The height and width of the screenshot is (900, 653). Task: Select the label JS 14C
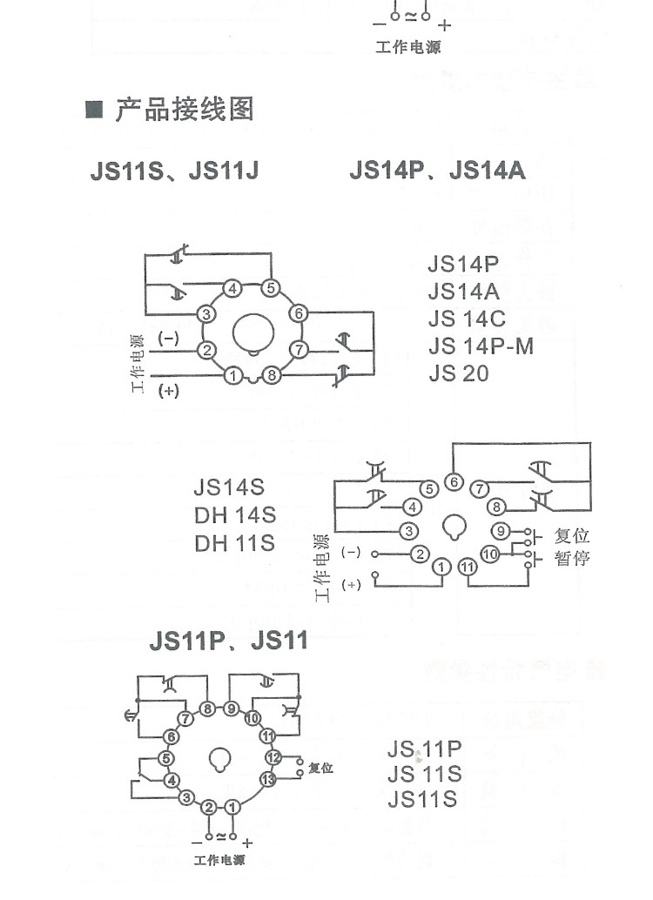point(467,319)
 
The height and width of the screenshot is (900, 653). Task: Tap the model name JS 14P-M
point(481,346)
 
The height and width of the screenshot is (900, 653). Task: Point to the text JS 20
point(458,373)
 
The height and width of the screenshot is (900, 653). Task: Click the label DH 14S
point(234,514)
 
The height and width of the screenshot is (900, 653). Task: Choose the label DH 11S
point(234,543)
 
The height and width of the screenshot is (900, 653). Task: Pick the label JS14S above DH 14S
point(228,486)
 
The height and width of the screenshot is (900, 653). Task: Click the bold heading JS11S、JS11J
point(174,170)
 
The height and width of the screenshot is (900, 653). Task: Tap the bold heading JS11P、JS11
point(228,642)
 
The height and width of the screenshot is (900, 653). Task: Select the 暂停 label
point(572,558)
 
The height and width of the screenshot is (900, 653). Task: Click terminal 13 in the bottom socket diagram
point(267,779)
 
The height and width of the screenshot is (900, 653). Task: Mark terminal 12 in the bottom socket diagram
point(273,756)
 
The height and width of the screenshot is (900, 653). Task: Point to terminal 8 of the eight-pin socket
point(272,376)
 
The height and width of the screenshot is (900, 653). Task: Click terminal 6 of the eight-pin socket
point(299,313)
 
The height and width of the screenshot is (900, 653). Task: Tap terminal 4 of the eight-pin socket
point(232,289)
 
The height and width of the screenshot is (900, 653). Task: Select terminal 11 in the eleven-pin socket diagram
point(468,568)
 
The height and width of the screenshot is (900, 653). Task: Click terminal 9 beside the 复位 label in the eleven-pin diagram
point(500,531)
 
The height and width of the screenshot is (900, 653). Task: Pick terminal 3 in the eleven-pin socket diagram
point(406,530)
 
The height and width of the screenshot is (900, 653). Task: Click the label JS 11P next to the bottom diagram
point(424,749)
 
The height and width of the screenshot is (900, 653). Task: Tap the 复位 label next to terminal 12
point(321,769)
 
